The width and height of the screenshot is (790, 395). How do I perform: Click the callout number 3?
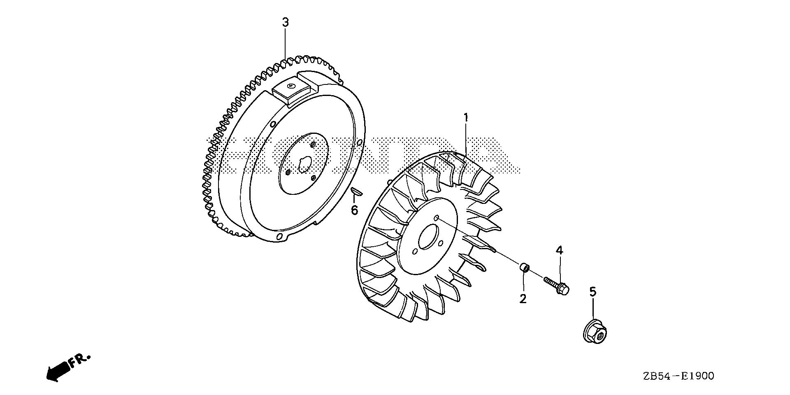(x=285, y=22)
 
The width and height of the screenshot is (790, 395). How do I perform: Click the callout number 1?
(x=466, y=118)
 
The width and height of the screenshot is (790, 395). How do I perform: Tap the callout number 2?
(x=523, y=299)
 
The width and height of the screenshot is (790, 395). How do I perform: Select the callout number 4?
(x=560, y=250)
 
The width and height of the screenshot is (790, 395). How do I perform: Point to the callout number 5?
(x=592, y=292)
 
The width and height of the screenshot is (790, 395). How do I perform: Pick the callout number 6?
(x=354, y=210)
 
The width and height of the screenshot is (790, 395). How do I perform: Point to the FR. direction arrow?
(x=57, y=370)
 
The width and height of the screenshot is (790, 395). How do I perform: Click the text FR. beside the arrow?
(x=79, y=360)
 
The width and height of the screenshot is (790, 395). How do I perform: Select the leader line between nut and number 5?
(x=593, y=309)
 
